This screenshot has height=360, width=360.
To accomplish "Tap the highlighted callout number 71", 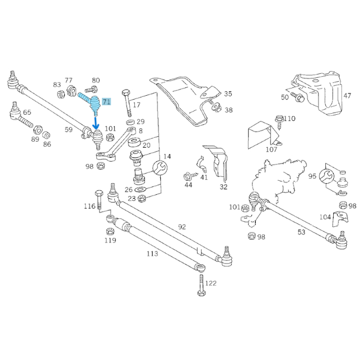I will (x=106, y=101).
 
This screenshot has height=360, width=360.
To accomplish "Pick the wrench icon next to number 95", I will (x=327, y=175).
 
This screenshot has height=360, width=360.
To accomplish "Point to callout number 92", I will (x=181, y=227).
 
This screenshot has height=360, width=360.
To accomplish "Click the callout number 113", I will (x=152, y=253).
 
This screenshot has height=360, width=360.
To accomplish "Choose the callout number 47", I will (x=347, y=96).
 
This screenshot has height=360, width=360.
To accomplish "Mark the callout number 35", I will (x=228, y=93).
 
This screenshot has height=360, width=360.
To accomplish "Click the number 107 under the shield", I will (x=271, y=149).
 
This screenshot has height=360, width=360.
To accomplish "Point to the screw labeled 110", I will (x=278, y=119).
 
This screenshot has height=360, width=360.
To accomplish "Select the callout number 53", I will (x=301, y=232).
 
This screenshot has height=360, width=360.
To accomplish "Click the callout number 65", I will (x=27, y=113).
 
